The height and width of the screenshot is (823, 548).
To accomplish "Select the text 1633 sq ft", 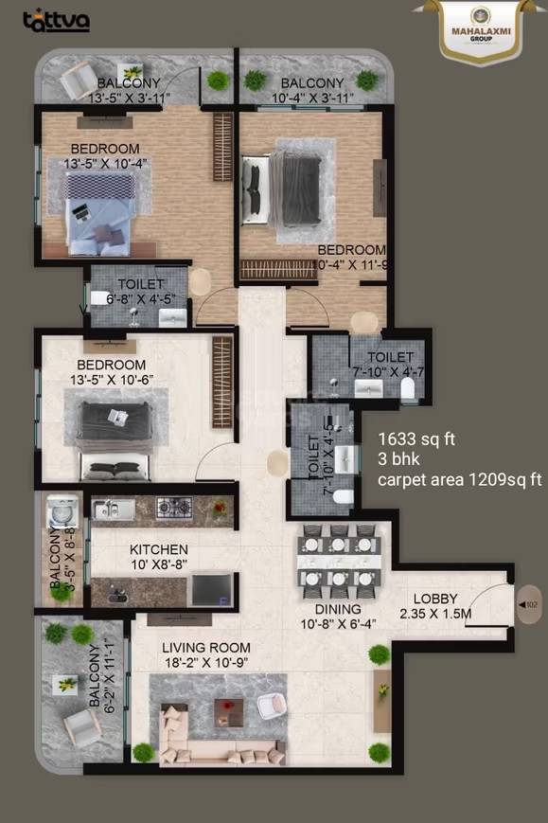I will click(x=417, y=439).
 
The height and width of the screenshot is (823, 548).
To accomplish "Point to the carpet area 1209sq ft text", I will click(x=459, y=480).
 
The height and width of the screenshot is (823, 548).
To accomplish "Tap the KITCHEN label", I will click(x=159, y=549).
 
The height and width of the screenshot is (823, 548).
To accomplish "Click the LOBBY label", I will click(x=435, y=599).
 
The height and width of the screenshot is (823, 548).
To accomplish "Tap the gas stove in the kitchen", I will click(x=174, y=508).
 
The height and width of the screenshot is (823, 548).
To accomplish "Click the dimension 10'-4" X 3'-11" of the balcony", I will click(x=313, y=97).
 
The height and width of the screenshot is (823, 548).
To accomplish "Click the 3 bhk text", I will click(x=398, y=459).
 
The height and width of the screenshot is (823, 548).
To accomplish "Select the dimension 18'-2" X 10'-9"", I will click(x=205, y=663).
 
